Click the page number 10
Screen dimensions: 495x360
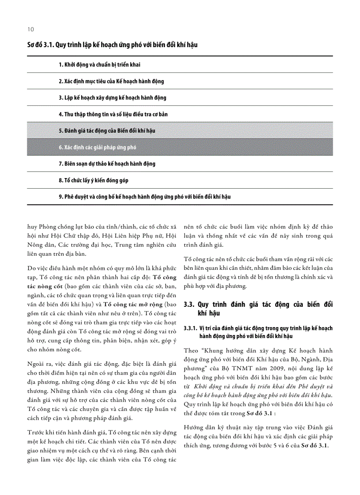pyautogui.click(x=30, y=30)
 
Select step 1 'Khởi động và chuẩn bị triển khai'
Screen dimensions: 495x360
pyautogui.click(x=99, y=65)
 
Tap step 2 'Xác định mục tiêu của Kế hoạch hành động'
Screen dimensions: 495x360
pyautogui.click(x=111, y=82)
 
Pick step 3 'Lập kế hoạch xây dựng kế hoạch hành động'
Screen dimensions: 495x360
pyautogui.click(x=112, y=98)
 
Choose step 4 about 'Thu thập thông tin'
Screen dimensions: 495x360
pyautogui.click(x=113, y=114)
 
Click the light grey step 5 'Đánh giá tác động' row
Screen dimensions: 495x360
pyautogui.click(x=107, y=131)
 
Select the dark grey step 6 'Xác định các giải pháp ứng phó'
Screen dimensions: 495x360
pyautogui.click(x=97, y=147)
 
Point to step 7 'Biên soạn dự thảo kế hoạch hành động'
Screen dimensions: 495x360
pyautogui.click(x=107, y=164)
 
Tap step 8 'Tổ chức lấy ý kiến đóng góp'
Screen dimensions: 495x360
pyautogui.click(x=94, y=180)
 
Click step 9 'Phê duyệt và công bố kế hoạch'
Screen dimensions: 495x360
pyautogui.click(x=145, y=197)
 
